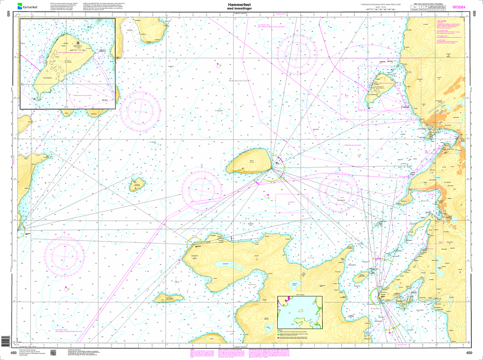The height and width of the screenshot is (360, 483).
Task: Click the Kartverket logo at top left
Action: tap(27, 6)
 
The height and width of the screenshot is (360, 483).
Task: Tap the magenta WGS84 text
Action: tap(459, 7)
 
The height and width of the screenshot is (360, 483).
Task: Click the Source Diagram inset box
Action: tap(300, 312)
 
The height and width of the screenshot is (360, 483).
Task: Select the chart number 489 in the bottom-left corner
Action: tap(14, 353)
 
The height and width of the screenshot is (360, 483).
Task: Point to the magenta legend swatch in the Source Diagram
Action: tap(278, 338)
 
